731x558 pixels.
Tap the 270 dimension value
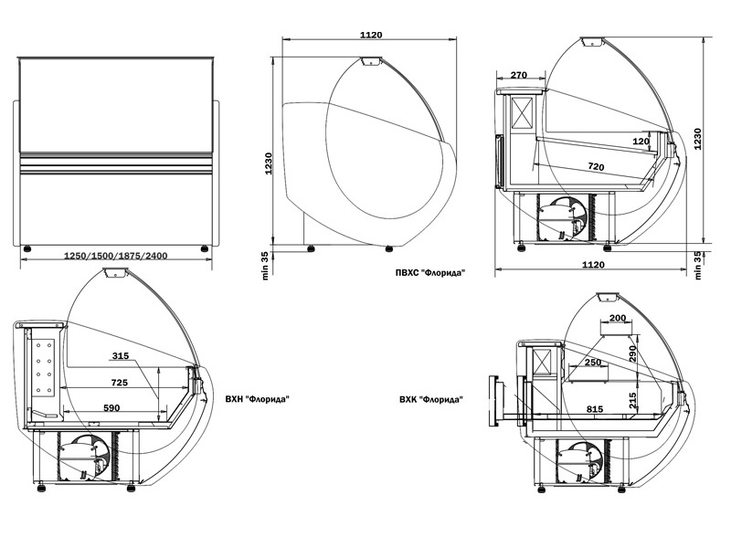[520, 75]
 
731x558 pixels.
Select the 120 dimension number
[641, 142]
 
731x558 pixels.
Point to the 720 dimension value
[596, 167]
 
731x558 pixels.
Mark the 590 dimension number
[112, 407]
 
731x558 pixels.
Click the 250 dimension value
[594, 363]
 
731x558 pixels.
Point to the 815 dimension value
[596, 410]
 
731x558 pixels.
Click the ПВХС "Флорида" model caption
[424, 272]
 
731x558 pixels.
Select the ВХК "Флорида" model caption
[430, 399]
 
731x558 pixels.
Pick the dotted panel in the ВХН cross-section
[44, 368]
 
